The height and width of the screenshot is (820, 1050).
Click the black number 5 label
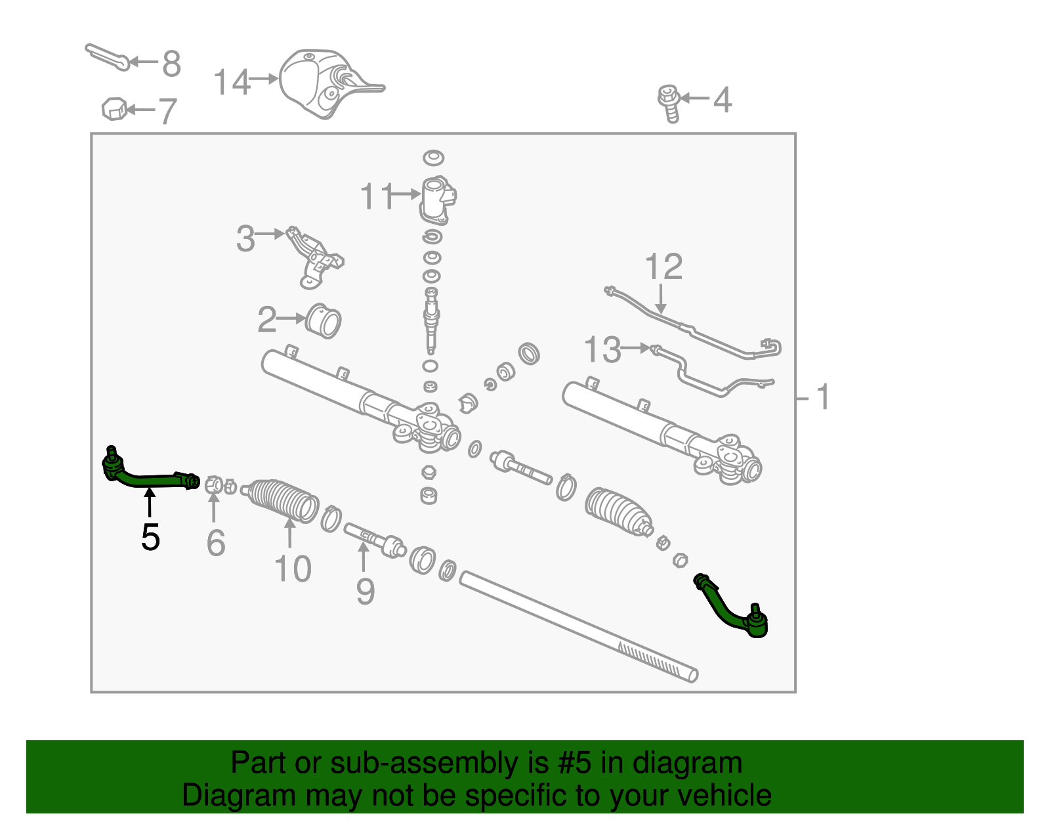[150, 538]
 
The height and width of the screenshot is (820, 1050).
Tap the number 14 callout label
[232, 83]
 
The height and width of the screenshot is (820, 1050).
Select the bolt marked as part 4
[669, 102]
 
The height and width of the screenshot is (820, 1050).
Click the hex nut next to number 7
[114, 109]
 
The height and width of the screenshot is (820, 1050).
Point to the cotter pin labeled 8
[106, 55]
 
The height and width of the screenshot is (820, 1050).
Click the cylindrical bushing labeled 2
[324, 322]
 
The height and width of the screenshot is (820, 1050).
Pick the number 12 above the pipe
[663, 267]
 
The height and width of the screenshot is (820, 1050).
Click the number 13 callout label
[602, 349]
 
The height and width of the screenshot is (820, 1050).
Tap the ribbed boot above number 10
[283, 500]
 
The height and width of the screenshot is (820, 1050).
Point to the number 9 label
[366, 592]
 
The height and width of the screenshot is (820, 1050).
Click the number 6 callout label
[215, 543]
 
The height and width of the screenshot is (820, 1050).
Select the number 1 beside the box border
[823, 397]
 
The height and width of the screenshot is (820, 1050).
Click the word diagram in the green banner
[701, 763]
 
